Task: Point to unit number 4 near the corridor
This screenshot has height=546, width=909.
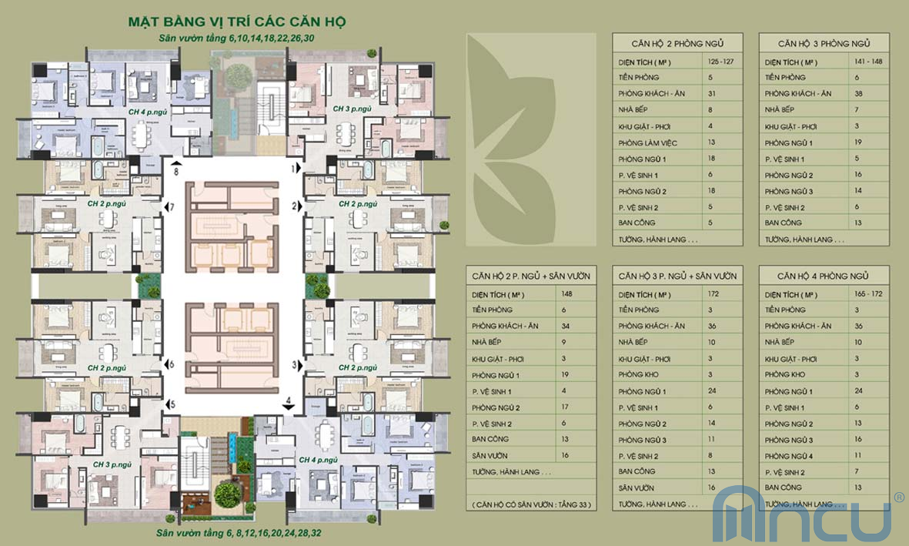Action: pyautogui.click(x=288, y=401)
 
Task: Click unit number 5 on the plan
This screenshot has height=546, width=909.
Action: pyautogui.click(x=172, y=404)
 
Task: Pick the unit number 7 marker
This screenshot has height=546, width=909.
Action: pyautogui.click(x=172, y=207)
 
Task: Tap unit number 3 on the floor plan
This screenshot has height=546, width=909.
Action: pyautogui.click(x=293, y=364)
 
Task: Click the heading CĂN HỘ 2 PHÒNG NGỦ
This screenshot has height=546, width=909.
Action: pyautogui.click(x=677, y=43)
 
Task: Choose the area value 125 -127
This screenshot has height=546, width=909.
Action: pyautogui.click(x=722, y=61)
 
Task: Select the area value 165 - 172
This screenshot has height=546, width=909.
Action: pyautogui.click(x=869, y=294)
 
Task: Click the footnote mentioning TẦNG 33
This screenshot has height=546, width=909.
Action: pyautogui.click(x=531, y=504)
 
